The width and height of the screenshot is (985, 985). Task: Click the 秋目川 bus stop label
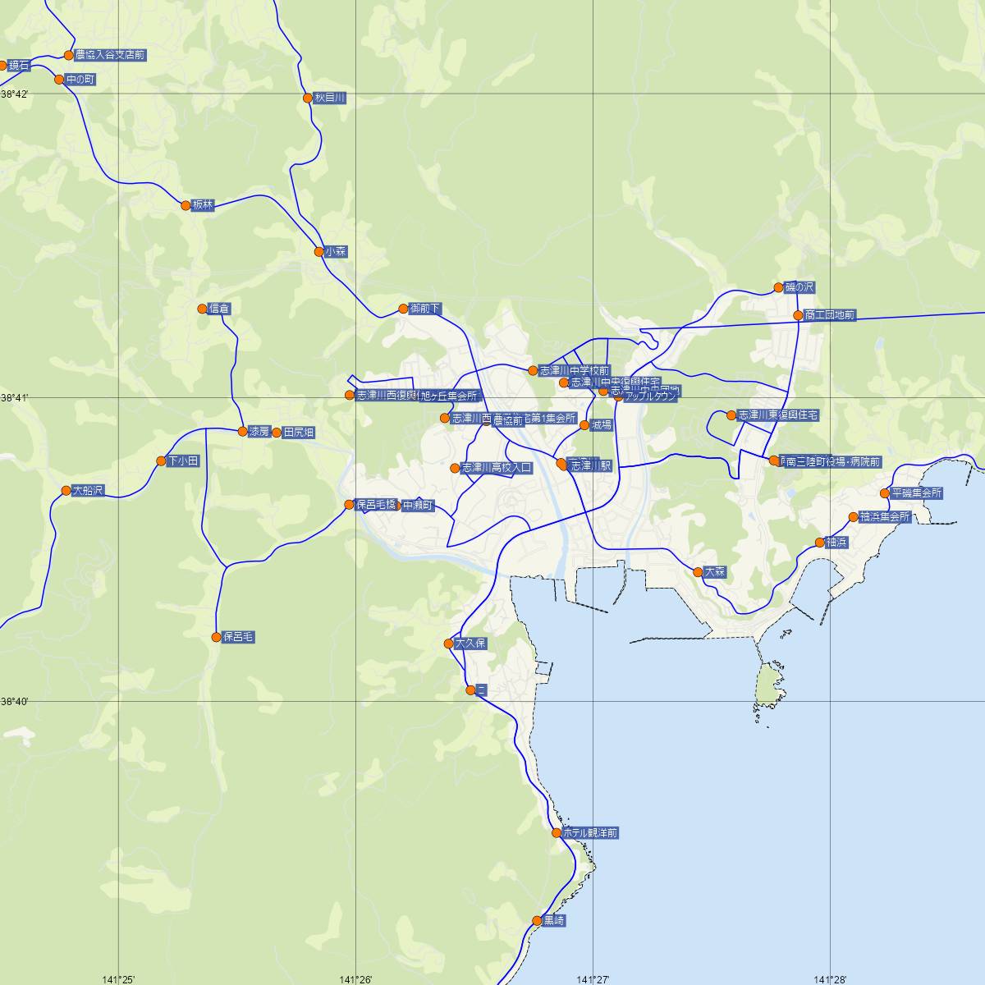pos(329,98)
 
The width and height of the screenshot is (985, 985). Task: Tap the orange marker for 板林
pos(186,205)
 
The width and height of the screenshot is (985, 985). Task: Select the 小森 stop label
pos(335,252)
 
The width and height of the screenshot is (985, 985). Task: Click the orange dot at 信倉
pos(203,309)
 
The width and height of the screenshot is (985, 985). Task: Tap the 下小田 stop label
pos(182,461)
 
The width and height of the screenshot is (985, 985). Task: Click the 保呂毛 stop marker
pos(217,637)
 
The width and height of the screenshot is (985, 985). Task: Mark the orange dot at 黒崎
pos(538,921)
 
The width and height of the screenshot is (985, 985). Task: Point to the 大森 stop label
pos(715,572)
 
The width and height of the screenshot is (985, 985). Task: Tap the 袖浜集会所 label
pos(885,517)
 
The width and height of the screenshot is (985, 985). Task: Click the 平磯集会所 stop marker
pos(885,493)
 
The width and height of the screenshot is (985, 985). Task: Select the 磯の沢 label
pos(799,287)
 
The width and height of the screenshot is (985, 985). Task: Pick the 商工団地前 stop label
pos(830,315)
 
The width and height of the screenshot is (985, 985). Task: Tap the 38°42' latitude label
pos(14,94)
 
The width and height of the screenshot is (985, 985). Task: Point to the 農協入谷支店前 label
pos(109,55)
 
